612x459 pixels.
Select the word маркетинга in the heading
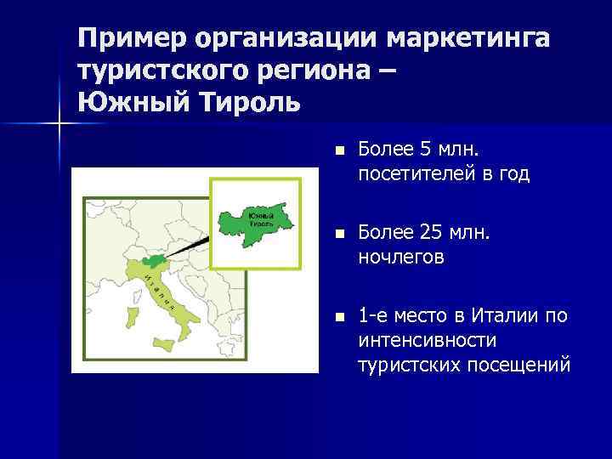[x=467, y=39]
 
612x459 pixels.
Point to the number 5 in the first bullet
[x=425, y=150]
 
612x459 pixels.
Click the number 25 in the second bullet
[x=431, y=233]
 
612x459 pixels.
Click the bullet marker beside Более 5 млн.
[x=338, y=151]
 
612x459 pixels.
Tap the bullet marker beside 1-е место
[x=338, y=317]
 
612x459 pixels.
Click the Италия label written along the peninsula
[x=161, y=293]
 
